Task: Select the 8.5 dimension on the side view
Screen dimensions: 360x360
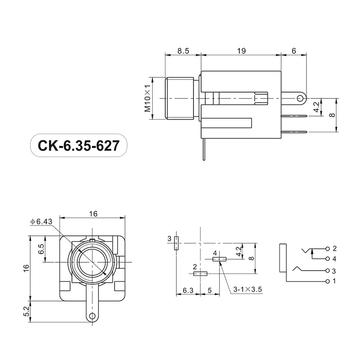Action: point(183,51)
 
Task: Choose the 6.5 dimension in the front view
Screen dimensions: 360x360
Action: point(41,249)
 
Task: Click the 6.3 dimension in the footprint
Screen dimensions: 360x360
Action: point(188,291)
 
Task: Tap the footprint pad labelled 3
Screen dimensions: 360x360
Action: point(176,243)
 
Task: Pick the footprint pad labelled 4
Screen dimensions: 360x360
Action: point(219,259)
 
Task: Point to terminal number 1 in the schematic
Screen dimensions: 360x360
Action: point(334,282)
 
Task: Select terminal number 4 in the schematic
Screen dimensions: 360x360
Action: point(334,259)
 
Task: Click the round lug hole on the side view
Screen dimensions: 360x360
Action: point(301,98)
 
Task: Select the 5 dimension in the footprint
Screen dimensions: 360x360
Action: point(210,291)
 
